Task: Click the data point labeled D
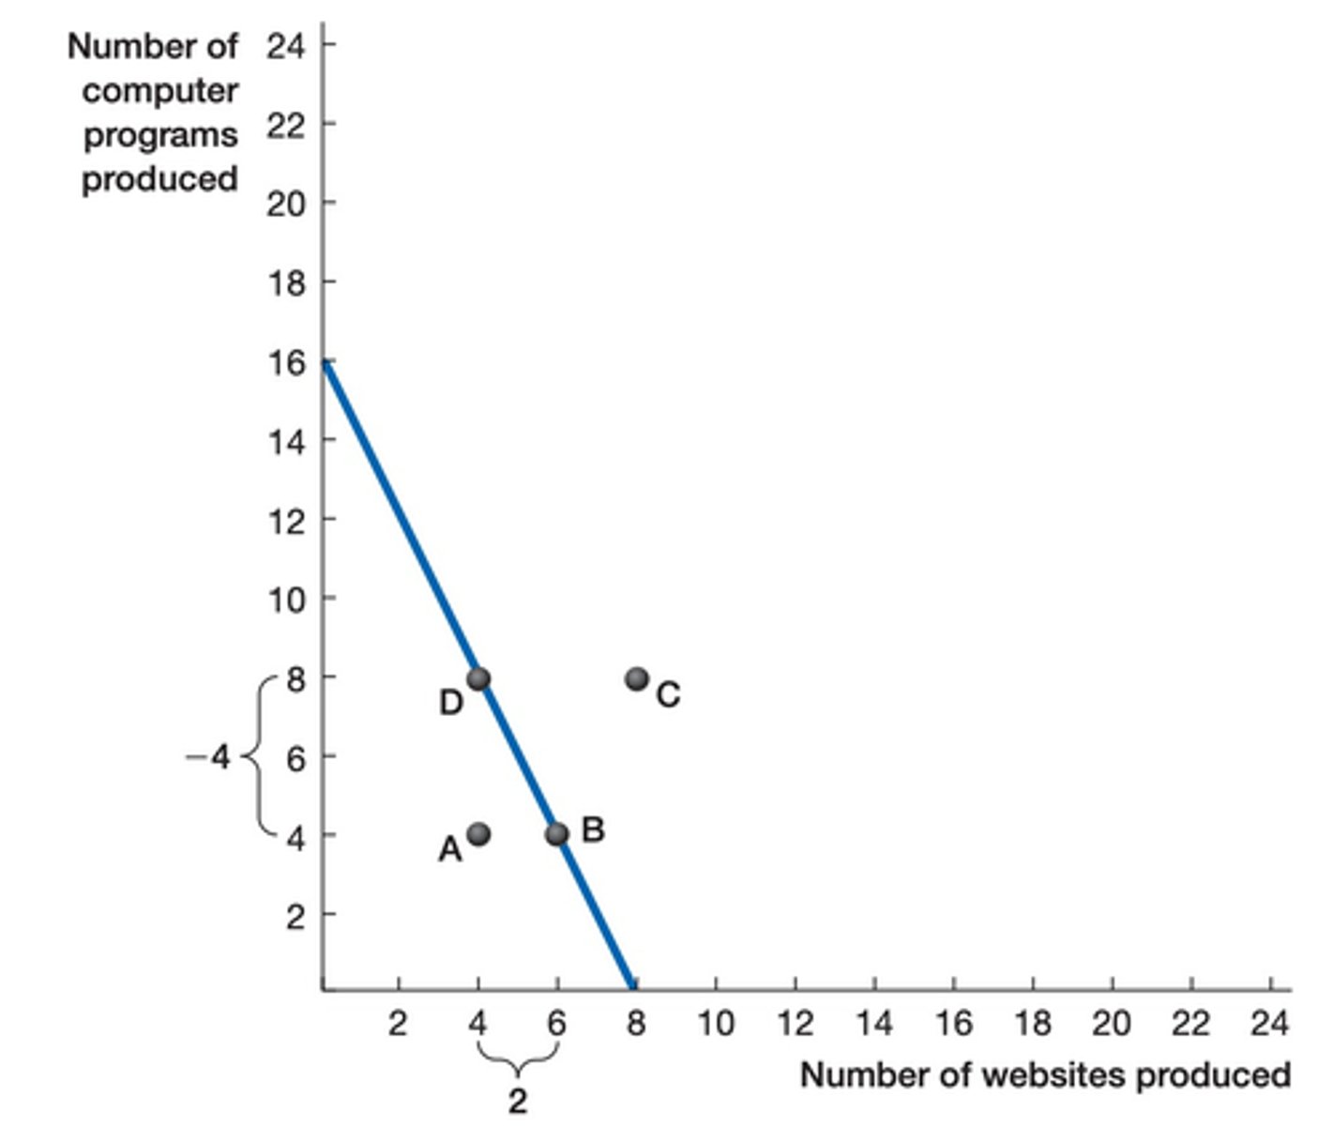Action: (x=478, y=678)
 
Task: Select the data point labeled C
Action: (x=637, y=678)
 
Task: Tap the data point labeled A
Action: (x=478, y=833)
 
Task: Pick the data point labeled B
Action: (x=557, y=833)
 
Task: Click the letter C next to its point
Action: (x=668, y=695)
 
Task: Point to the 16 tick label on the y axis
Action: (x=286, y=361)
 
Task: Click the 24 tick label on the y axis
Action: (x=286, y=45)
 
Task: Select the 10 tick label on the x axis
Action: (x=716, y=1024)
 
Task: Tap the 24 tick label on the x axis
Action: (x=1270, y=1024)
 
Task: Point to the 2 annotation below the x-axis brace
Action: (x=518, y=1102)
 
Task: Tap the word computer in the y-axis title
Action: (x=159, y=91)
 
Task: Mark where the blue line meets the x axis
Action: (x=631, y=987)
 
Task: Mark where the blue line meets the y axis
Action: (x=325, y=361)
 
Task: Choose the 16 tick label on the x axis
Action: (x=953, y=1024)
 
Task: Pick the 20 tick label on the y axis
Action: (x=286, y=204)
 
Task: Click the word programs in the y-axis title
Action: (x=160, y=135)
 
